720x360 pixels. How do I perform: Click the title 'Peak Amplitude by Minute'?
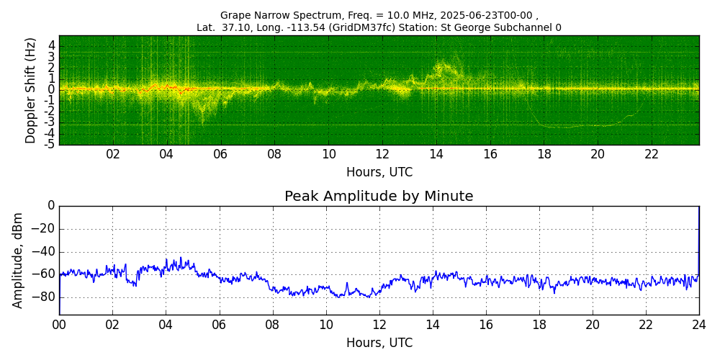379,197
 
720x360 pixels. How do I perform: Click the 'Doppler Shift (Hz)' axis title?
30,90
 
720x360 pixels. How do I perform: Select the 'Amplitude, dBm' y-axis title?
17,260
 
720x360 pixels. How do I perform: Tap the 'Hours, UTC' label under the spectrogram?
379,172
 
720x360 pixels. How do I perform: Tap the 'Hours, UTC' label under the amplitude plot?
379,343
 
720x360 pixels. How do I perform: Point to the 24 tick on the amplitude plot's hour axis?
699,323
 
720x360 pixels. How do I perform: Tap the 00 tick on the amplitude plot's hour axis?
59,323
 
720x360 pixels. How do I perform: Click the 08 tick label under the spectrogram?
274,153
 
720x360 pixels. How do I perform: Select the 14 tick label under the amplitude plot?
432,323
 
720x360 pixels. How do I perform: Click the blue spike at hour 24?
699,241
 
